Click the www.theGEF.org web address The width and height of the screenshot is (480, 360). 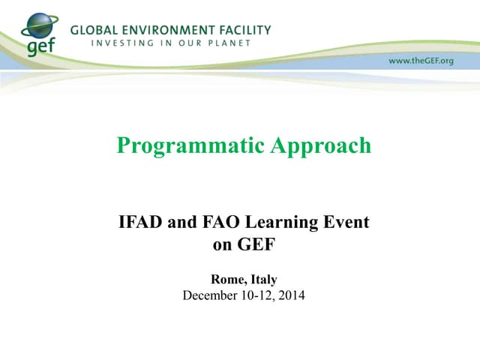[421, 60]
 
